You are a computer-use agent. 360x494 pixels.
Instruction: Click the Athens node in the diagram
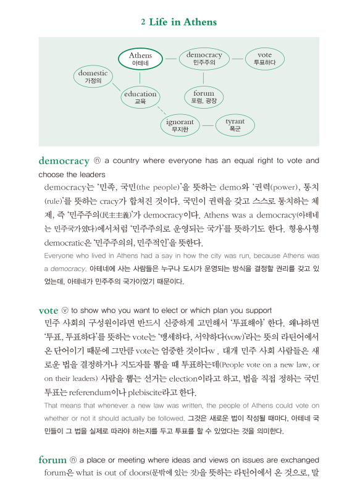pos(140,59)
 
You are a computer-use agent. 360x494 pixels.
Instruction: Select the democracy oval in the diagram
pos(204,59)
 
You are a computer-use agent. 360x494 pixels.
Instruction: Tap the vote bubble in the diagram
pos(264,59)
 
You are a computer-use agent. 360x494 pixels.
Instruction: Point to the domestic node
pos(92,77)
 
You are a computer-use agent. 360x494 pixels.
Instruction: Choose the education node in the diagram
pos(140,98)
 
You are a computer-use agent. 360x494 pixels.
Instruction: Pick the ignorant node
pos(180,125)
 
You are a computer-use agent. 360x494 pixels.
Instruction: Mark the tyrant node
pos(235,125)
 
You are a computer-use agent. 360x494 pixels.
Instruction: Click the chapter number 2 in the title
pos(143,22)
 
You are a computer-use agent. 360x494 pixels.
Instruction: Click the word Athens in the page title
pos(200,22)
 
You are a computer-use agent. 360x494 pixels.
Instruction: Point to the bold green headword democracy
pos(64,161)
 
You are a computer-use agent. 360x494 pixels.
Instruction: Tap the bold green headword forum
pos(52,460)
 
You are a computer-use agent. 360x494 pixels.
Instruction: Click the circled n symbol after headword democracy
pos(97,161)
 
